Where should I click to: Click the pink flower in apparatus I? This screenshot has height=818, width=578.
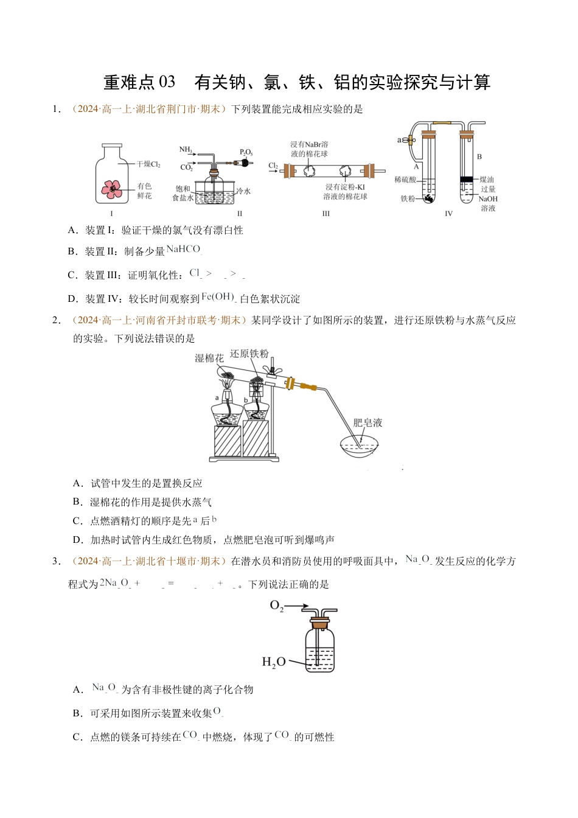tap(112, 189)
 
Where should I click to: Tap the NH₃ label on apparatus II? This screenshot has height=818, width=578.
tap(186, 150)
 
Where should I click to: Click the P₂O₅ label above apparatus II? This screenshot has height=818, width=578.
tap(246, 152)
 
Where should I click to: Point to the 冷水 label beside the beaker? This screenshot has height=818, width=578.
tap(243, 191)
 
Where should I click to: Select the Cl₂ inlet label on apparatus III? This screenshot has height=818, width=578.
tap(273, 166)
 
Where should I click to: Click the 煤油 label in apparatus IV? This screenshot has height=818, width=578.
tap(487, 180)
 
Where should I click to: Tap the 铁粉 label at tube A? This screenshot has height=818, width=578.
tap(408, 199)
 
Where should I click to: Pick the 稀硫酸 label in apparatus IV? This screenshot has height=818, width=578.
tap(405, 180)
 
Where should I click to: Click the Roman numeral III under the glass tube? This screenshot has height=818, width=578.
tap(326, 214)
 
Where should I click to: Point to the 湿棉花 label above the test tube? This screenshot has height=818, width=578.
tap(209, 358)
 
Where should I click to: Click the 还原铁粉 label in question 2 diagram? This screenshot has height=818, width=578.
tap(249, 354)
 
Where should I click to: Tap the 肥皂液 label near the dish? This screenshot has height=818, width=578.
tap(367, 422)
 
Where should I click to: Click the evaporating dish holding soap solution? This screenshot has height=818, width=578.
tap(360, 446)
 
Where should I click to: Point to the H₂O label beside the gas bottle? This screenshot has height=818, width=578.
tap(273, 662)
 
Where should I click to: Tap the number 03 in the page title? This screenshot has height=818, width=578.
tap(167, 82)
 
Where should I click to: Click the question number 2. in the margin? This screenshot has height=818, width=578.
tap(57, 321)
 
